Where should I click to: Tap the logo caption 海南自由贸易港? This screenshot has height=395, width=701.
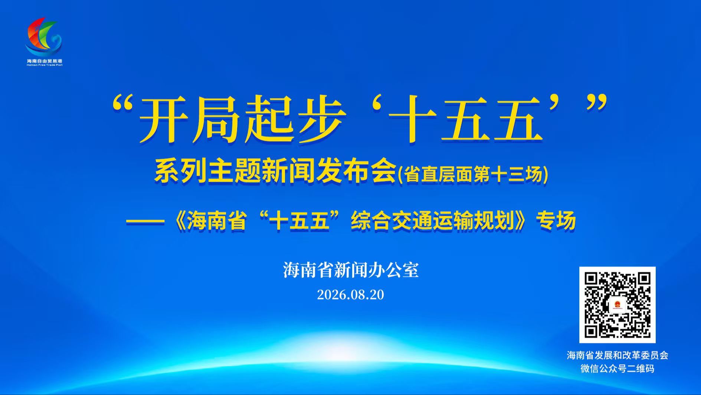(45, 61)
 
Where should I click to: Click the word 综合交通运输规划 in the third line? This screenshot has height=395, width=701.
(432, 221)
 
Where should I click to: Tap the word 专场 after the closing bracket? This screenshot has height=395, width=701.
(556, 221)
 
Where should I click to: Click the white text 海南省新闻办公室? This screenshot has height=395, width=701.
(351, 270)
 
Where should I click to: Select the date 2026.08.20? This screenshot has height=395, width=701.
(350, 295)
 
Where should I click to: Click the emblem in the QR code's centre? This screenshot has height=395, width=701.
(618, 305)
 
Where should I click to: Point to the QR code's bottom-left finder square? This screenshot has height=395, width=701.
(592, 331)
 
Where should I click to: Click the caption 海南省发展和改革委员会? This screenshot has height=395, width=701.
(618, 355)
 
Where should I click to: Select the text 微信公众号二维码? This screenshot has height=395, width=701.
(618, 369)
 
